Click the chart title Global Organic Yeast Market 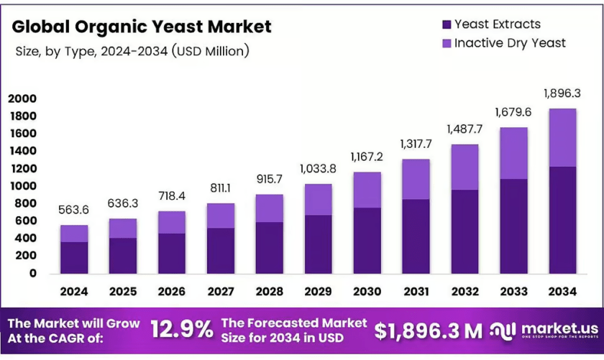[142, 27]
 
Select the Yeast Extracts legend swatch [447, 24]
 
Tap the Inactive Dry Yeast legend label [510, 43]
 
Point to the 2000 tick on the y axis [22, 98]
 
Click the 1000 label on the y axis [22, 186]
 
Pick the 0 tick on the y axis [33, 273]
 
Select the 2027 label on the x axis [221, 292]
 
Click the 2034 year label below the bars [562, 292]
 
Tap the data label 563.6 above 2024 [73, 210]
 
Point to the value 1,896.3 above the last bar [562, 93]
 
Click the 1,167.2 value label [367, 157]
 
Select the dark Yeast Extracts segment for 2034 [562, 220]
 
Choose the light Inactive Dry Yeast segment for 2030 [367, 190]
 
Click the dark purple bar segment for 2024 [74, 258]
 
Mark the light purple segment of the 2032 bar [465, 167]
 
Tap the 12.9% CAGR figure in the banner [181, 330]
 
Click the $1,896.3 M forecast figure [429, 331]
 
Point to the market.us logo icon [503, 331]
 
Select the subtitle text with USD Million [132, 51]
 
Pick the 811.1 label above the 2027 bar [220, 188]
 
